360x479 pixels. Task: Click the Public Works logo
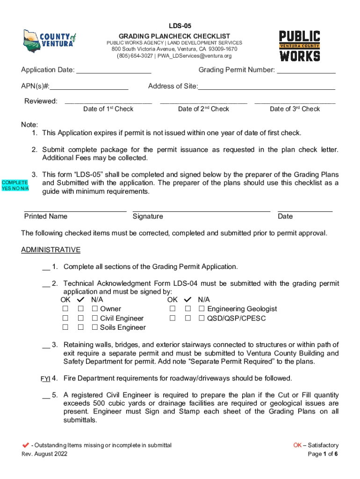pos(299,46)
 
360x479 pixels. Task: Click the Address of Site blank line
pos(266,87)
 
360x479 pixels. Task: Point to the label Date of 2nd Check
pos(203,109)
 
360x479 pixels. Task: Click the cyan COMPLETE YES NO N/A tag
pos(15,185)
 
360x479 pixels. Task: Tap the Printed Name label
pos(46,216)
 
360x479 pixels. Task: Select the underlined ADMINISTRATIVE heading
pos(50,250)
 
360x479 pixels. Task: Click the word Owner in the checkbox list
pos(110,309)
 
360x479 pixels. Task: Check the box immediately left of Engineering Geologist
pos(202,309)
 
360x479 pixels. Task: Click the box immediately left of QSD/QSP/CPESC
pos(202,318)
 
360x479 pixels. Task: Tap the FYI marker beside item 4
pos(45,378)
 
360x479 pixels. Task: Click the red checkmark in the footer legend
pos(26,445)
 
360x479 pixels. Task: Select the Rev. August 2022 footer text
pos(44,454)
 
